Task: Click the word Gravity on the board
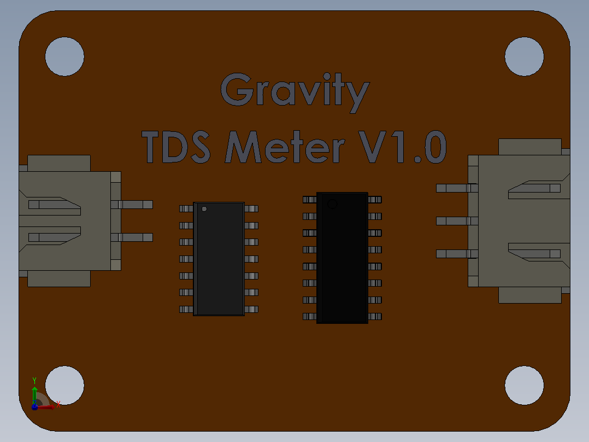coord(295,92)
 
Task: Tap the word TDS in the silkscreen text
coord(176,147)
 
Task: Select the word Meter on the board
coord(285,147)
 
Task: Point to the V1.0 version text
coord(402,147)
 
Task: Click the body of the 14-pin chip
coord(219,259)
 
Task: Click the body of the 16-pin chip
coord(342,258)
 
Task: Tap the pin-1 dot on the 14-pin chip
coord(204,209)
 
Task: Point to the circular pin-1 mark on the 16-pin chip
coord(332,204)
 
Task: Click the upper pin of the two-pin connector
coord(132,205)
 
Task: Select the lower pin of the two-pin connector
coord(132,237)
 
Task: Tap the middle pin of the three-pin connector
coord(457,221)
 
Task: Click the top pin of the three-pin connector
coord(457,188)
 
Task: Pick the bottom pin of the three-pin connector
coord(457,254)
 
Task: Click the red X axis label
coord(58,405)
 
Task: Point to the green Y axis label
coord(34,381)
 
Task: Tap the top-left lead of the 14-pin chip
coord(186,209)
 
